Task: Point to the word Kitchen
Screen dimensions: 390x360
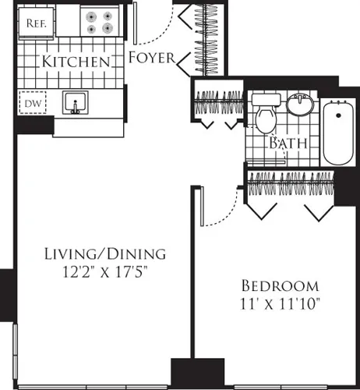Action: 75,61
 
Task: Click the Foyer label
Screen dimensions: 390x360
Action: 151,57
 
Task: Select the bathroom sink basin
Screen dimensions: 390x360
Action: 298,104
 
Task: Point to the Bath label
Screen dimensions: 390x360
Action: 285,144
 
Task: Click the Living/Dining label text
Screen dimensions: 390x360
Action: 94,253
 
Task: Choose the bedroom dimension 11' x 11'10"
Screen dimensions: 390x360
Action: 280,300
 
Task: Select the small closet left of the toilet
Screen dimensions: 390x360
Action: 218,101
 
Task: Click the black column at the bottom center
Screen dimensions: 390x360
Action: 186,373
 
